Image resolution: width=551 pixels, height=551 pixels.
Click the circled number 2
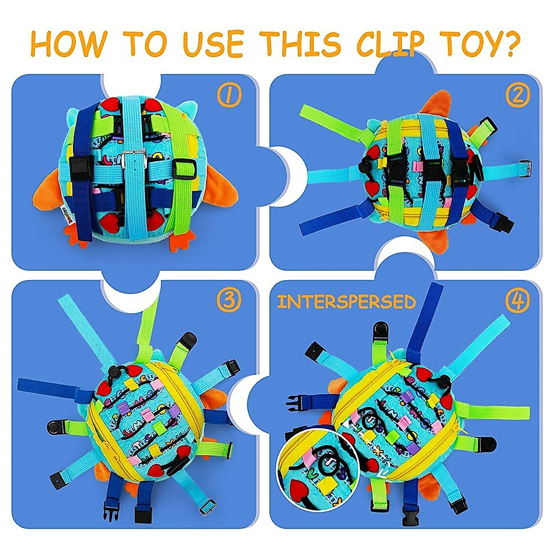coord(518,95)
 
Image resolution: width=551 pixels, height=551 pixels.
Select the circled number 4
coord(518,301)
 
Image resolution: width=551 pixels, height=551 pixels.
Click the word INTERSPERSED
coord(347,302)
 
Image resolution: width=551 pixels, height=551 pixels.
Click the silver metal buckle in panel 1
coord(141,160)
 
